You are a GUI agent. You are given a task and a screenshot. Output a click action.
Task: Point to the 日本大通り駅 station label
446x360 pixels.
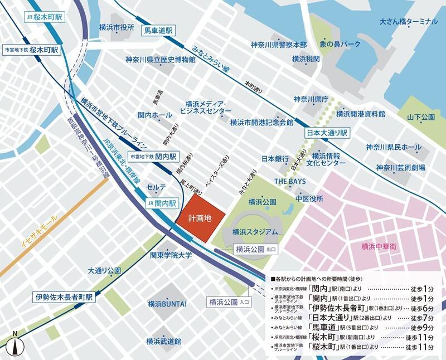[327, 134]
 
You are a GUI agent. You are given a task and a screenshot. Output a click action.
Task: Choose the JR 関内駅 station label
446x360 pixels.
[162, 203]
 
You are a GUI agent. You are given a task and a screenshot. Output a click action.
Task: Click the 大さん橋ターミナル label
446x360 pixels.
[408, 22]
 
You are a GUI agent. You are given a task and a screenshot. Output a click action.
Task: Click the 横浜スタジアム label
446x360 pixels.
[255, 231]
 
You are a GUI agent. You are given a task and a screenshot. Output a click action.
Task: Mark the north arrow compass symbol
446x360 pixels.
[17, 343]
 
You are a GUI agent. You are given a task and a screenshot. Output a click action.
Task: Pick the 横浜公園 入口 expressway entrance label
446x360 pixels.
[230, 303]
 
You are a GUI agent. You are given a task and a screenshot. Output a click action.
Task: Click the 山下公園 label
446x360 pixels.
[420, 118]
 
